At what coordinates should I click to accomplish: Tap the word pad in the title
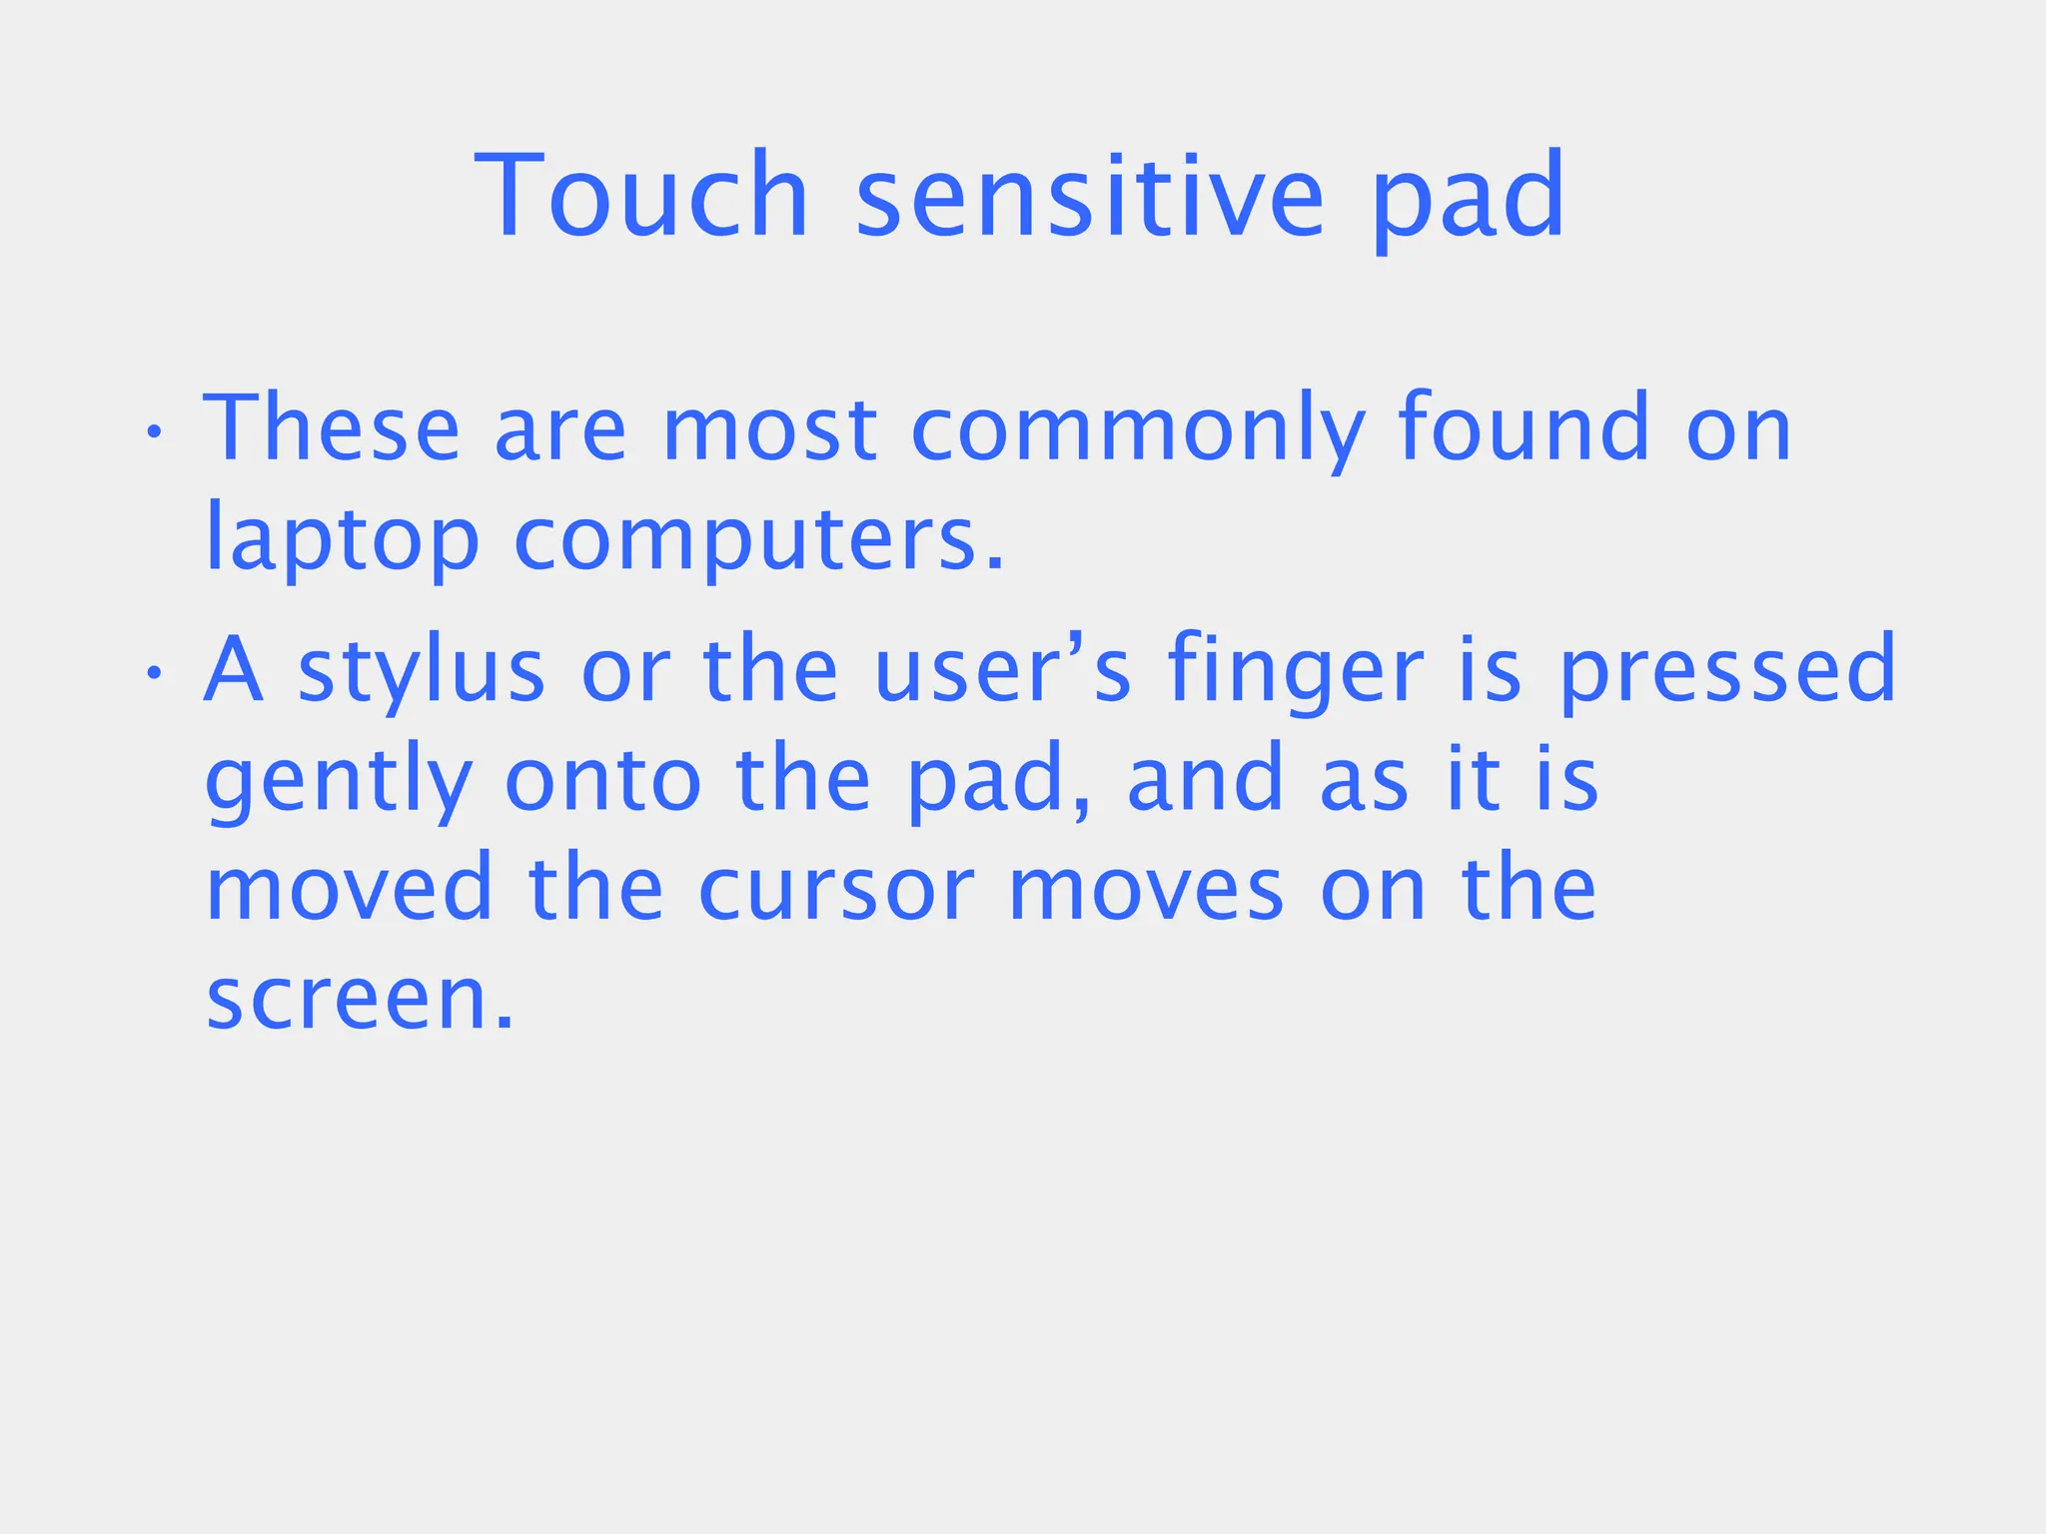coord(1467,198)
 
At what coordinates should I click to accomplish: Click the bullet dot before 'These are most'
coord(153,432)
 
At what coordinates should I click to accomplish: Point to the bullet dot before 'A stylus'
coord(153,673)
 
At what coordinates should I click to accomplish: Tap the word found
coord(1524,428)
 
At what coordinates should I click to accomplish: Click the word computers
coord(758,540)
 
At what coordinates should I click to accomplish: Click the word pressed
coord(1727,670)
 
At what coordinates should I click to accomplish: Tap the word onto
coord(603,780)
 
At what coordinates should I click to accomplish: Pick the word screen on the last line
coord(360,999)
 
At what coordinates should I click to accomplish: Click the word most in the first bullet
coord(769,430)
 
